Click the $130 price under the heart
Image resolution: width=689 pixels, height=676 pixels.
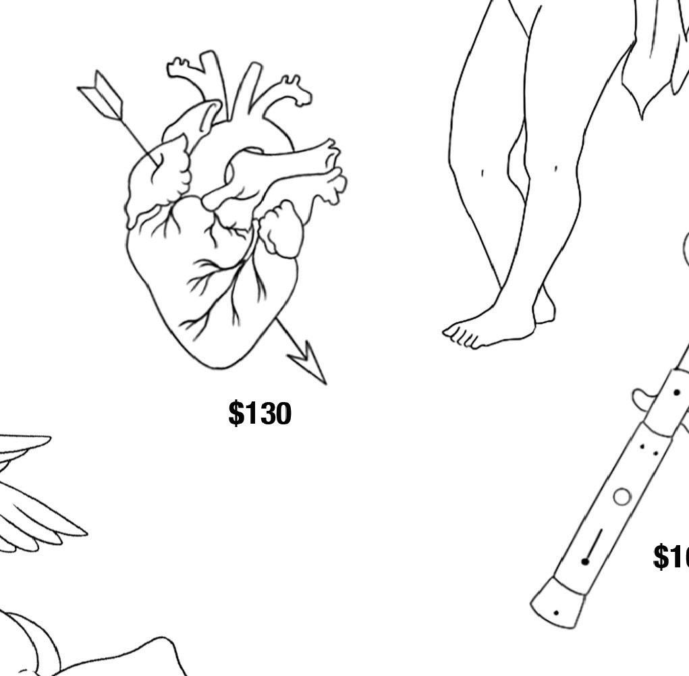(x=260, y=413)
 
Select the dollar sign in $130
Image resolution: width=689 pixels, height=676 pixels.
(x=236, y=413)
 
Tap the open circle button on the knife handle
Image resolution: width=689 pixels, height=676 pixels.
(x=622, y=497)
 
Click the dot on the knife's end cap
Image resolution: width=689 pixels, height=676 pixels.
(x=555, y=613)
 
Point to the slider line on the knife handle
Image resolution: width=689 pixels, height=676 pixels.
(x=594, y=545)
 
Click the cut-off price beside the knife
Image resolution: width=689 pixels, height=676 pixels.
(x=671, y=557)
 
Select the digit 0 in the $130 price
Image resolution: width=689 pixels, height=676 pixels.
(x=281, y=413)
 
